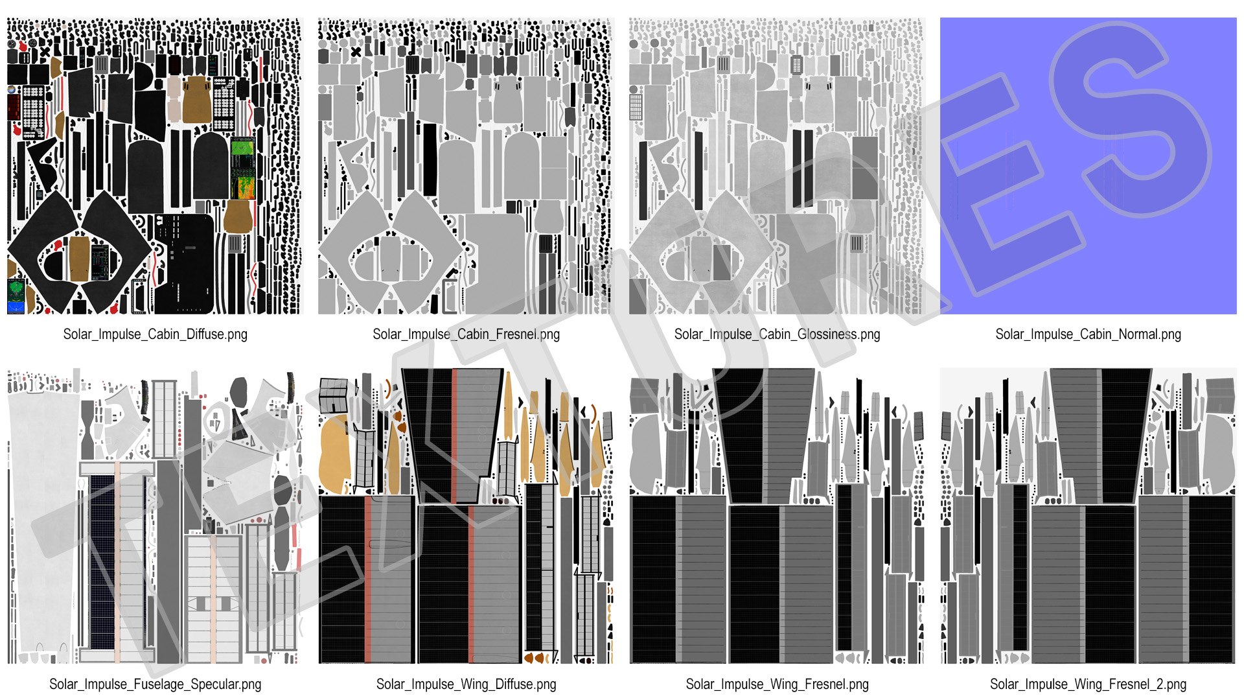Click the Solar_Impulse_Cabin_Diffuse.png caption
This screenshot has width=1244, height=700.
[x=155, y=334]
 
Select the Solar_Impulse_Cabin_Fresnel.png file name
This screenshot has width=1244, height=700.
[x=466, y=334]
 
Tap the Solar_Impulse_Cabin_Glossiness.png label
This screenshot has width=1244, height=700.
[x=777, y=334]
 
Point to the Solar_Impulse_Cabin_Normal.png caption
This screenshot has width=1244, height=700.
[x=1088, y=334]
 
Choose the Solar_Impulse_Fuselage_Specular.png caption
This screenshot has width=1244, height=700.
[x=155, y=684]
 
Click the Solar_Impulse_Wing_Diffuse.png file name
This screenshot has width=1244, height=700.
[x=466, y=684]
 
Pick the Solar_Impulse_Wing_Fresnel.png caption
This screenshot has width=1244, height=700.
[x=777, y=684]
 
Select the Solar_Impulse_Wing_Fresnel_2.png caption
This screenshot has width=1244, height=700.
[x=1088, y=684]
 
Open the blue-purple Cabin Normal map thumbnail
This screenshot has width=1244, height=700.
[x=1088, y=166]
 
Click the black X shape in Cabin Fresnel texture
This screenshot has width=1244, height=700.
[x=356, y=52]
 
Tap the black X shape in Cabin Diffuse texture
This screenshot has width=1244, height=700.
[x=45, y=52]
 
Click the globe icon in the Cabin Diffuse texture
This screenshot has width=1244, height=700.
[x=12, y=89]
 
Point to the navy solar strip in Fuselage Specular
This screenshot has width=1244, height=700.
[x=102, y=562]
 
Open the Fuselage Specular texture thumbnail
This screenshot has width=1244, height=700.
[x=155, y=516]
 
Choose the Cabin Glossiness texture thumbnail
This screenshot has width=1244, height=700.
[x=777, y=166]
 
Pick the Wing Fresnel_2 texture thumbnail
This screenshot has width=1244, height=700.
[x=1088, y=516]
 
